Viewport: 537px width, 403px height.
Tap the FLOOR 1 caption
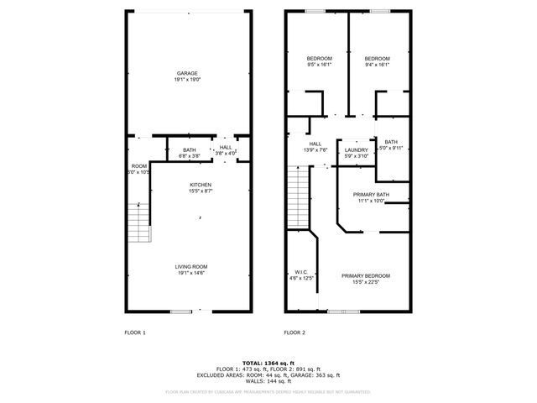[134, 333]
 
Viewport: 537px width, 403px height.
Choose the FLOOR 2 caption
[294, 333]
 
